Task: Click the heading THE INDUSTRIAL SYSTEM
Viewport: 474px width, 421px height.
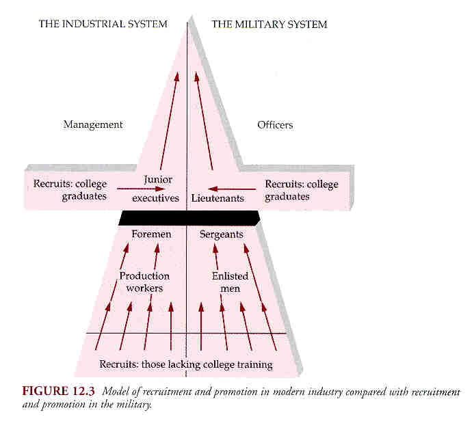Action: tap(103, 24)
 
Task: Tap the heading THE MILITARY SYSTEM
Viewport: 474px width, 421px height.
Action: tap(269, 24)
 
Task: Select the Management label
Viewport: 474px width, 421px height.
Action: tap(93, 125)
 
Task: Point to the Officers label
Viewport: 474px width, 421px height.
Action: tap(275, 125)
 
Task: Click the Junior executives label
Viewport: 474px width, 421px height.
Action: tap(156, 189)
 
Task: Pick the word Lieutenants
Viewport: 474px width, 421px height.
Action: tap(218, 198)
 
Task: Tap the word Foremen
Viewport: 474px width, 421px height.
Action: tap(151, 234)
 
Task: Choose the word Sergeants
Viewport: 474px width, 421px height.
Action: tap(222, 234)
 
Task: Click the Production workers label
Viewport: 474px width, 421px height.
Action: tap(144, 282)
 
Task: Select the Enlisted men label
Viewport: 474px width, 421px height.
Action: tap(230, 282)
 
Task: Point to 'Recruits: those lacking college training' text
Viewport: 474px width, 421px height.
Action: tap(186, 364)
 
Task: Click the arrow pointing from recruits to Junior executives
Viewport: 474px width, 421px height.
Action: tap(141, 189)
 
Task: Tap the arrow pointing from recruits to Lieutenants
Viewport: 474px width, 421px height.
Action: tap(232, 189)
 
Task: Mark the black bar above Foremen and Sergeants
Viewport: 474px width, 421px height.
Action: tap(189, 218)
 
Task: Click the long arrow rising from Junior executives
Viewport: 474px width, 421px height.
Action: tap(170, 121)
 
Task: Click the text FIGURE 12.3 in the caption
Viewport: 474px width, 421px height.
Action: tap(58, 391)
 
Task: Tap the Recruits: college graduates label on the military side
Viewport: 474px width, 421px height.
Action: tap(302, 190)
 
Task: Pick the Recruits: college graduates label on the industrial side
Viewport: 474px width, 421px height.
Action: tap(70, 190)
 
